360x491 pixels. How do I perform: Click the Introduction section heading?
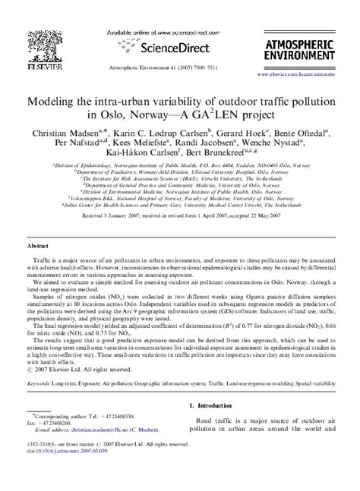click(x=216, y=426)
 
